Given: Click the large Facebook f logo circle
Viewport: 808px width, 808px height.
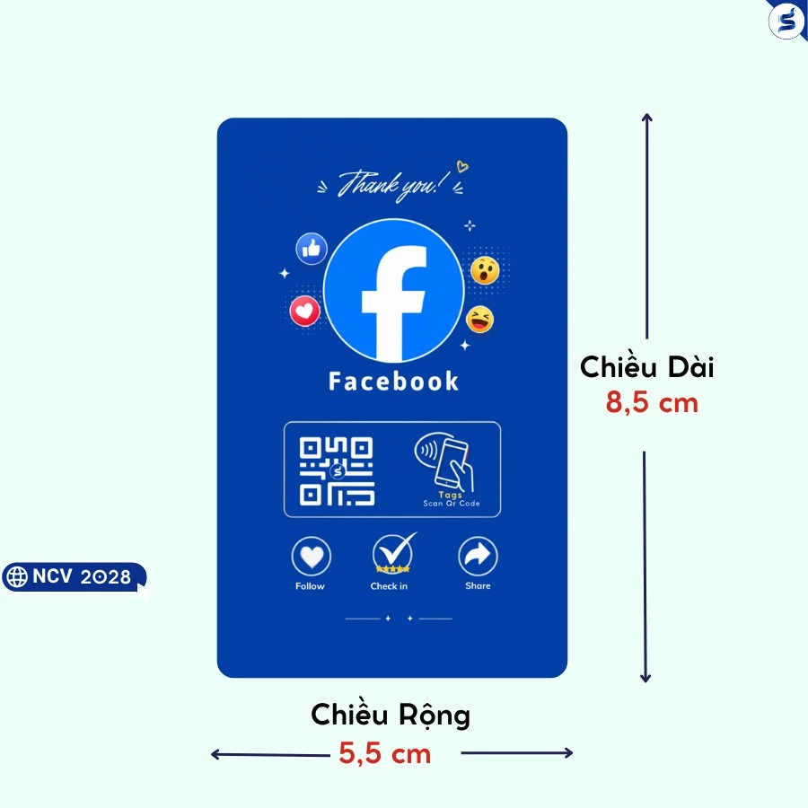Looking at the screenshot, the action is tap(394, 290).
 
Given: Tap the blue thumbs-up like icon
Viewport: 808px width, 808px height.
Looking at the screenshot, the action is tap(312, 249).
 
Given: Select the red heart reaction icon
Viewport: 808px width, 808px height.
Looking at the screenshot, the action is tap(304, 311).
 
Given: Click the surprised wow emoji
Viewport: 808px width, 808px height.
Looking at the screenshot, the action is tap(485, 270).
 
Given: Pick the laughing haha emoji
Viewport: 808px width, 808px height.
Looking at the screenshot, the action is tap(479, 320).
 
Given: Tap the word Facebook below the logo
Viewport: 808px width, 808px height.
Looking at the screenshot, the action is tap(394, 382).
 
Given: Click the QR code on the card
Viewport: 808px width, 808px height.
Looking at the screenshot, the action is tap(337, 471).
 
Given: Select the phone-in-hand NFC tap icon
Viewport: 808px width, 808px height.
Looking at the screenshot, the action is tap(444, 461).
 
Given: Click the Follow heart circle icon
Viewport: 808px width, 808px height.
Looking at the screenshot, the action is tap(312, 557).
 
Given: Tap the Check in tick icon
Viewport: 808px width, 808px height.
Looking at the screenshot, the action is tap(394, 554).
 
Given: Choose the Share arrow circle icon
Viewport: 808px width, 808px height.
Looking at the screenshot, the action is tap(478, 557).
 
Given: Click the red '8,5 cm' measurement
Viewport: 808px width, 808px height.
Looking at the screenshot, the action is tap(652, 402).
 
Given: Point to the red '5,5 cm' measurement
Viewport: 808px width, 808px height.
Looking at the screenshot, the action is tap(385, 754).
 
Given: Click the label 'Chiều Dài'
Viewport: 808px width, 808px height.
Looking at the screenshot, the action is tap(646, 366).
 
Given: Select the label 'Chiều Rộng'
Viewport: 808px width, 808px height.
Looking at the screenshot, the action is tap(391, 716).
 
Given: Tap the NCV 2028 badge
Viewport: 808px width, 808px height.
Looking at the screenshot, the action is tap(75, 576).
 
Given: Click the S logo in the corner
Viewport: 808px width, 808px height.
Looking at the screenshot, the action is tap(786, 21).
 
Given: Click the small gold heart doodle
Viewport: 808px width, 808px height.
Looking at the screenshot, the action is tap(462, 166).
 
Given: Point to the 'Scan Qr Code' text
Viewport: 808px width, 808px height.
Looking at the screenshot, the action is tap(452, 504).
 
